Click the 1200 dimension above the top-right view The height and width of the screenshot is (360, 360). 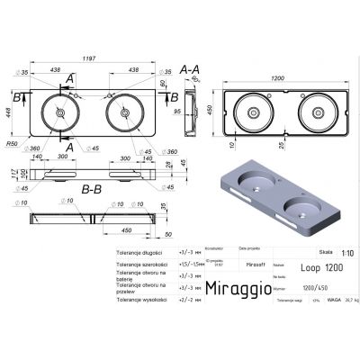[x=281, y=78]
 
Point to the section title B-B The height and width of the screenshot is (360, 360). [x=92, y=190]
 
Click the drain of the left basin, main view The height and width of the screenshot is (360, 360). [x=61, y=114]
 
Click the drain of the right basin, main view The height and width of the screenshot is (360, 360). [x=123, y=114]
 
